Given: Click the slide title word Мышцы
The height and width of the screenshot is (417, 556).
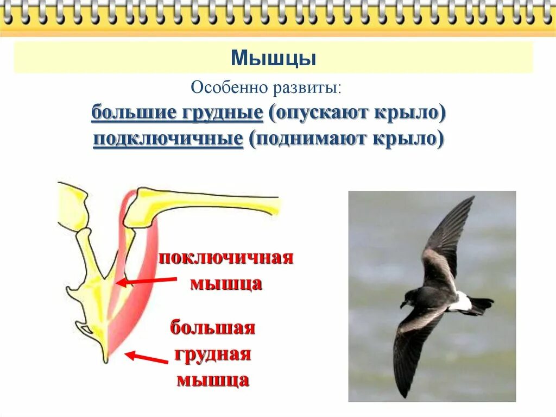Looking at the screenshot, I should click(274, 58).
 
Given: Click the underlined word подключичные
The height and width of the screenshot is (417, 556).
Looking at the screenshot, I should click(168, 139).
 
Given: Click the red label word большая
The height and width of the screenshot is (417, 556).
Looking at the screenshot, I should click(213, 328).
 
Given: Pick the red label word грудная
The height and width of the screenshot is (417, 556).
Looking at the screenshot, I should click(213, 354).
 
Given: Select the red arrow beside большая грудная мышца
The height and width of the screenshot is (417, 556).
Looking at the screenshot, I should click(146, 358).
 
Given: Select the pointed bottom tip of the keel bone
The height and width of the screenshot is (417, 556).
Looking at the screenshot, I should click(105, 359).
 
